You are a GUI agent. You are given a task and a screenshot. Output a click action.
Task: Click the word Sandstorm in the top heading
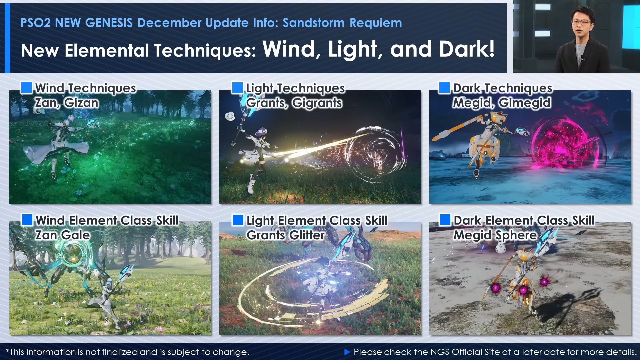click(x=313, y=23)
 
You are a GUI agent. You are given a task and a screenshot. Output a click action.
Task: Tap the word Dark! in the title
click(x=467, y=49)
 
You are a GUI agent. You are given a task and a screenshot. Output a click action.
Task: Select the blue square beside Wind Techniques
click(x=26, y=87)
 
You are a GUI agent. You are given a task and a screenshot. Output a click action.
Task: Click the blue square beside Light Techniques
click(x=237, y=88)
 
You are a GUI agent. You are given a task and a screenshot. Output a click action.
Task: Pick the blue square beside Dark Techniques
click(x=444, y=88)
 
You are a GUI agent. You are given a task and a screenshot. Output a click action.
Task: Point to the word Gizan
click(x=81, y=103)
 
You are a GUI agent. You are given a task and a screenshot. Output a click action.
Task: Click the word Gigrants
click(x=317, y=103)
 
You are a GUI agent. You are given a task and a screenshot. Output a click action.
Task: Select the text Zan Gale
click(x=63, y=235)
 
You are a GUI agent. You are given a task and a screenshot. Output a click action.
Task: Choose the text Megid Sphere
click(x=495, y=235)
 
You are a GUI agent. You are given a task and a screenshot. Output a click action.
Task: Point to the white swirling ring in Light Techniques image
click(x=377, y=153)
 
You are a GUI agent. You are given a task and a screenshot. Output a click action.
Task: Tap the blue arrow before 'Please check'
click(x=347, y=352)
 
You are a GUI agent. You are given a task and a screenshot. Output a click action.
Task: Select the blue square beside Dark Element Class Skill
click(x=445, y=220)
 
